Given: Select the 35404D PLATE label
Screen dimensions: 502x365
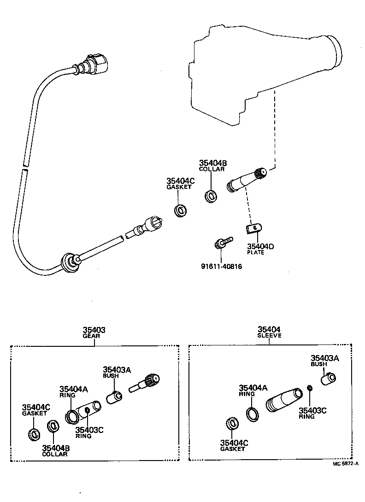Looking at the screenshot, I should pyautogui.click(x=260, y=249).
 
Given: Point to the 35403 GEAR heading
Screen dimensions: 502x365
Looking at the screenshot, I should pyautogui.click(x=94, y=332).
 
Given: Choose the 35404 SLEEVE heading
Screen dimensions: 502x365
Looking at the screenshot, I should pyautogui.click(x=269, y=332).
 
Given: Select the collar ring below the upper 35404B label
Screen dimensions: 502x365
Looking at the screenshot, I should pyautogui.click(x=212, y=196).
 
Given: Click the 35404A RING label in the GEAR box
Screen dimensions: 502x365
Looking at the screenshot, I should pyautogui.click(x=73, y=391).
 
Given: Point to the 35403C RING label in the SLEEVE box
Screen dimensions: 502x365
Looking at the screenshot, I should pyautogui.click(x=312, y=413).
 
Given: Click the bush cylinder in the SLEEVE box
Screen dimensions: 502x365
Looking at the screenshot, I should pyautogui.click(x=329, y=379).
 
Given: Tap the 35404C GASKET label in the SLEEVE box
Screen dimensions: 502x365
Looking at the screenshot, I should pyautogui.click(x=234, y=445).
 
